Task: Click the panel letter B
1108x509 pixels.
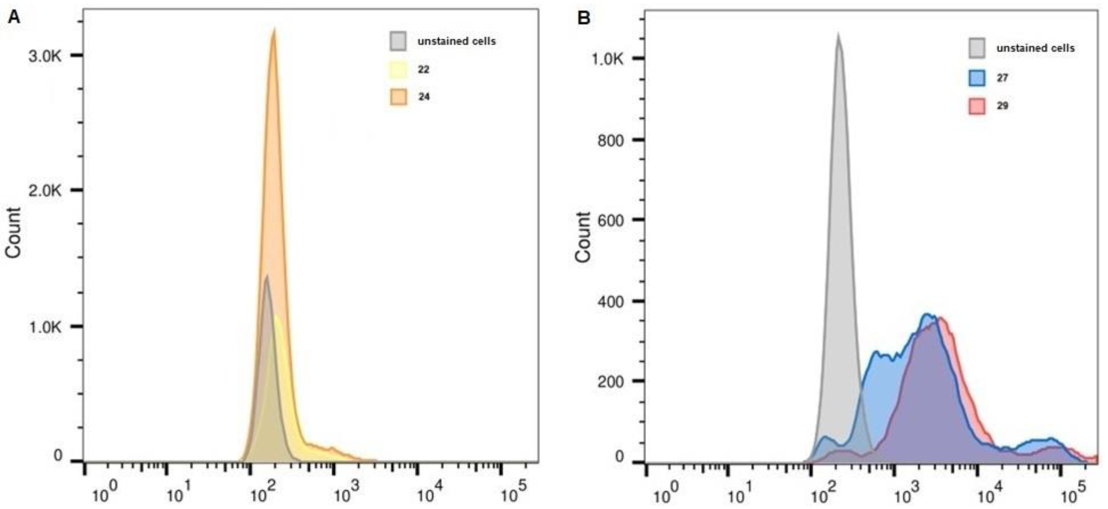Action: point(584,17)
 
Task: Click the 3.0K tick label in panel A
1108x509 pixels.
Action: point(45,56)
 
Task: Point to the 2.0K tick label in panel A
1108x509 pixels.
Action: point(45,191)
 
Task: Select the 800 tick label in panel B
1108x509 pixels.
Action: point(610,140)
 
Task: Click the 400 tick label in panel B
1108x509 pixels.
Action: point(610,301)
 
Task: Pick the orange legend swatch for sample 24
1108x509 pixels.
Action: point(398,97)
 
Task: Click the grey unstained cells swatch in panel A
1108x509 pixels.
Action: point(398,41)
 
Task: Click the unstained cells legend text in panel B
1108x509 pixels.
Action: point(1035,48)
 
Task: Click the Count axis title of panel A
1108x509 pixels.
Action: point(14,233)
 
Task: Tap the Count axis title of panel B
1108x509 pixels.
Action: point(583,237)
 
